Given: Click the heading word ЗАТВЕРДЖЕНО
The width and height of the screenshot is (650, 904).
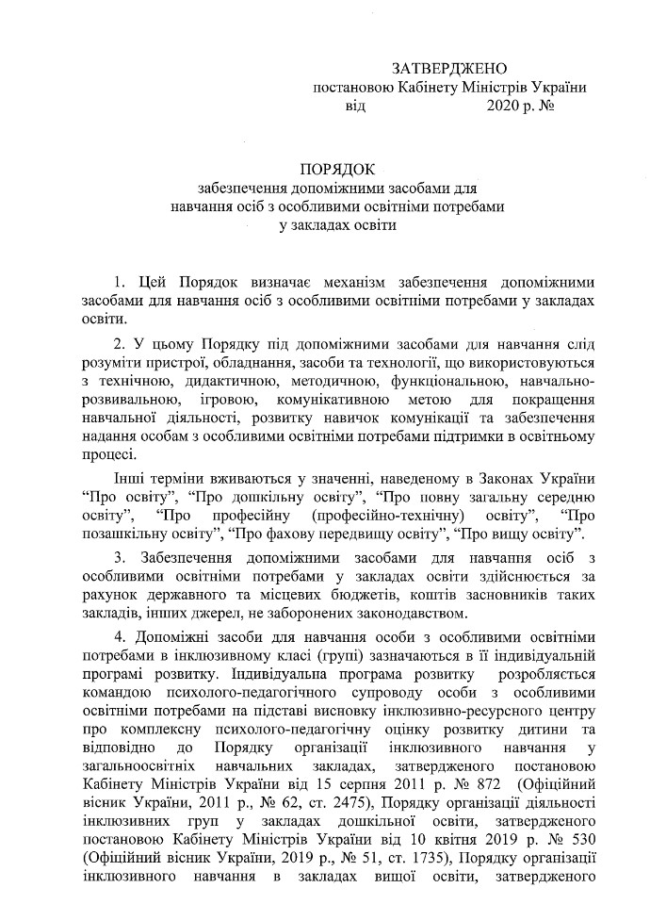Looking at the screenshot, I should coord(448,69).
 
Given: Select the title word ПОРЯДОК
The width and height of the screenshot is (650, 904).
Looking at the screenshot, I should coord(337,170).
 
